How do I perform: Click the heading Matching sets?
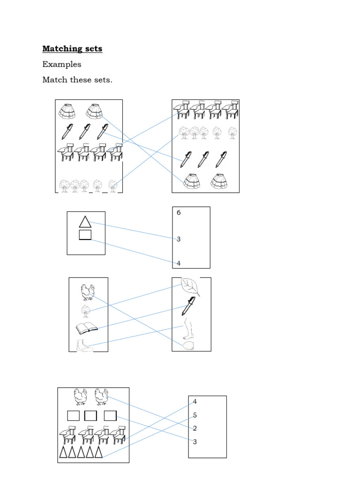point(72,49)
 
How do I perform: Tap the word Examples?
point(62,64)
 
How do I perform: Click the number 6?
point(179,213)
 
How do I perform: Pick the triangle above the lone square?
point(85,222)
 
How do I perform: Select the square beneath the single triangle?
point(85,235)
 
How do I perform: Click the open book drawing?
point(86,328)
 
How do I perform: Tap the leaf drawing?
point(191,287)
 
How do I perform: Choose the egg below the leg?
point(189,345)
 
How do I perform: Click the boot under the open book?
point(85,346)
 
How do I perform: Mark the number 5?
point(195,415)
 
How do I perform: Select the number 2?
point(195,428)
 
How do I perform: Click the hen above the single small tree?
point(88,292)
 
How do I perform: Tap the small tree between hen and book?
point(85,311)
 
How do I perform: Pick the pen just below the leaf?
point(189,306)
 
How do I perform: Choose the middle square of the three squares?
point(90,416)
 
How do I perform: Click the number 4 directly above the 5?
point(195,402)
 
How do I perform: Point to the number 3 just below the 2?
point(195,442)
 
